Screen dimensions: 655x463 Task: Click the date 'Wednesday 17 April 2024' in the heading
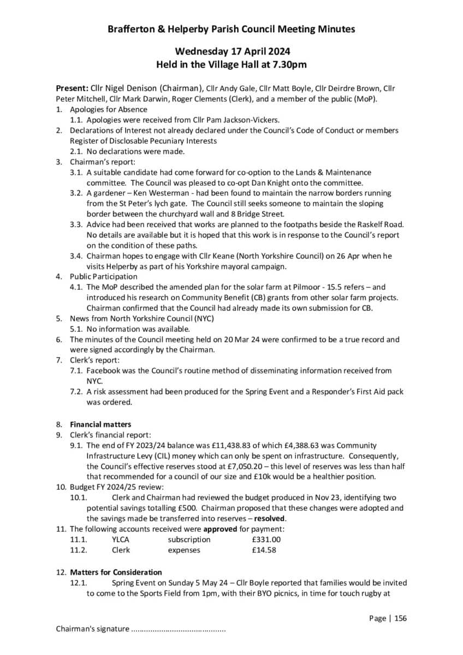[x=231, y=51]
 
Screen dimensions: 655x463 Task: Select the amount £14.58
[x=264, y=550]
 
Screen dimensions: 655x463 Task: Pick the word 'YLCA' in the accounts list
[x=121, y=539]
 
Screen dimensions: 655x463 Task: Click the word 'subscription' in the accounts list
[x=189, y=539]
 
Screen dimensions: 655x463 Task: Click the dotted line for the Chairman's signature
[x=179, y=629]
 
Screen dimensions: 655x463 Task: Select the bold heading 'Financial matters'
[x=100, y=424]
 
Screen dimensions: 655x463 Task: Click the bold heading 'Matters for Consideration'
[x=116, y=572]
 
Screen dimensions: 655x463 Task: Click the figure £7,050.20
[x=234, y=466]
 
